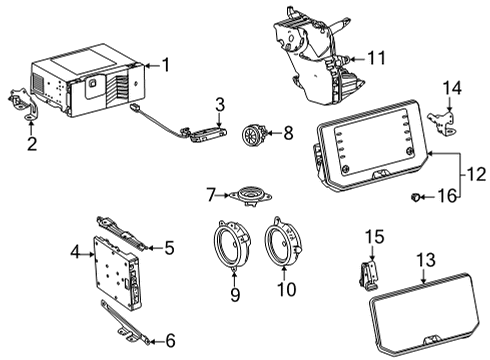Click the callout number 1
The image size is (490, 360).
coord(166,66)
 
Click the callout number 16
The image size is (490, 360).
coord(447,196)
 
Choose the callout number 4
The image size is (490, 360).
coord(76,255)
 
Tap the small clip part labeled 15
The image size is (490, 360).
coord(370,273)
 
